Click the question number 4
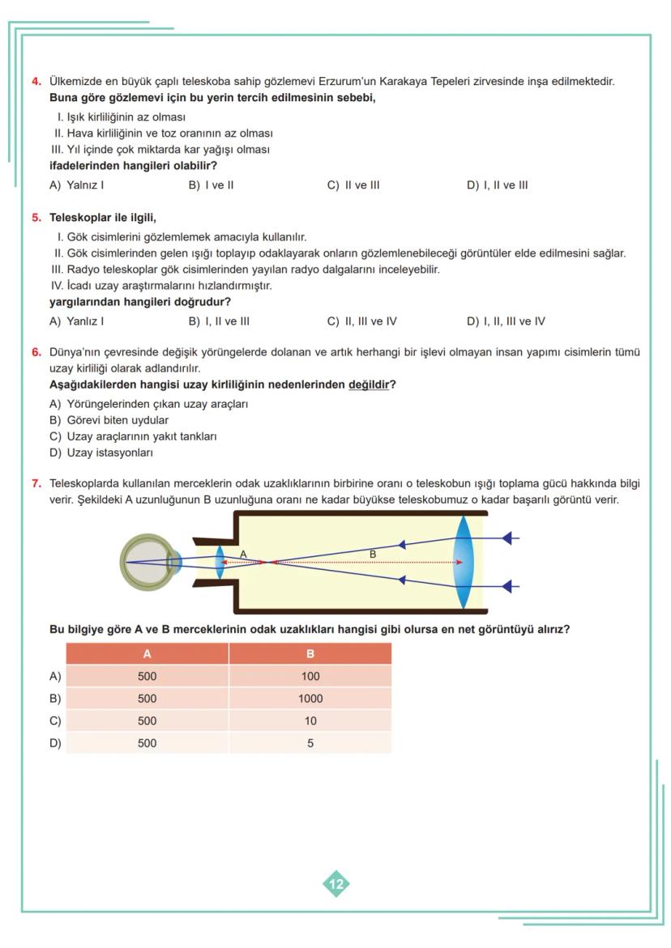coord(36,81)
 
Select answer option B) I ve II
coord(211,185)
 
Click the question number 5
coord(36,218)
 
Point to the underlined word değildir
coord(369,385)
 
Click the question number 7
coord(36,483)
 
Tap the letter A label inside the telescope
coord(243,554)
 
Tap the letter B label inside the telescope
coord(373,554)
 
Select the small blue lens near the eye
coord(219,561)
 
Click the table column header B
coord(310,654)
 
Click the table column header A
coord(147,654)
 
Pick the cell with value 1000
coord(310,699)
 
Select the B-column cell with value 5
coord(310,742)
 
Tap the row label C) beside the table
coord(55,721)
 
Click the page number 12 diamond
coord(336,884)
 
